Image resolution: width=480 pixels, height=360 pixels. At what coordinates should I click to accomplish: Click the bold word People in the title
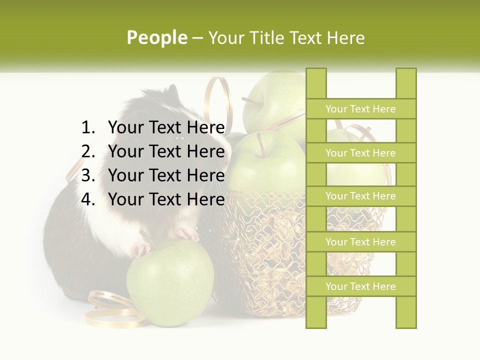click(156, 37)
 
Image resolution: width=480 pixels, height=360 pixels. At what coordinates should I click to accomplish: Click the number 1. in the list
click(88, 128)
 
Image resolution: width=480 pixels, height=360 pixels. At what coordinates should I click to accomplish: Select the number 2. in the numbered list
click(88, 151)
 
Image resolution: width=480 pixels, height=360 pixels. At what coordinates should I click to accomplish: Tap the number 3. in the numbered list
click(88, 175)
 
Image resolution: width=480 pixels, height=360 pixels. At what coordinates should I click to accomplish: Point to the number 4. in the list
click(88, 199)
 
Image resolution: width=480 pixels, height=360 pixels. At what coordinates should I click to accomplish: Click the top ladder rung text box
click(360, 109)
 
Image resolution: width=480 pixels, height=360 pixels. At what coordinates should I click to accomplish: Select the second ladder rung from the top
click(360, 153)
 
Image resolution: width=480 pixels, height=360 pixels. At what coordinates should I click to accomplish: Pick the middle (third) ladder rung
click(360, 196)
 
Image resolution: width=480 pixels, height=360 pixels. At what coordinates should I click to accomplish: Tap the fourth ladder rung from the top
click(360, 242)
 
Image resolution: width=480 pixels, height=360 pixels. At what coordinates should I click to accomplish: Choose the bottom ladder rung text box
click(360, 286)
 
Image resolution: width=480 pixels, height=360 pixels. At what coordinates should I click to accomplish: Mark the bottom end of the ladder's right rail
click(406, 322)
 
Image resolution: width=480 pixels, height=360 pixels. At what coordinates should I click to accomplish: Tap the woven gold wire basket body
click(270, 250)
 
